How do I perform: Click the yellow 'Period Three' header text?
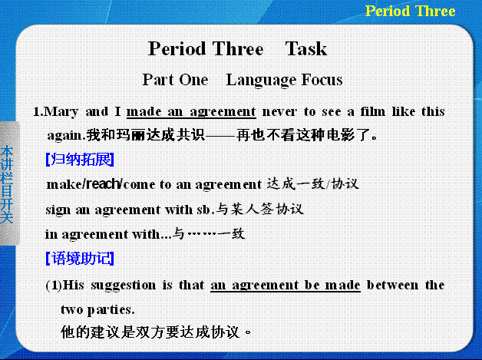pos(410,11)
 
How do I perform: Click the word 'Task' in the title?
pos(306,49)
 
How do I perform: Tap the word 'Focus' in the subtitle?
pos(322,80)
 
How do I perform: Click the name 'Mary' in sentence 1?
pos(61,112)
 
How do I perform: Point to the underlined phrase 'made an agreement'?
pos(191,112)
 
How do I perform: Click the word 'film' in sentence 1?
pos(372,111)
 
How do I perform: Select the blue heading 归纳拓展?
pos(80,159)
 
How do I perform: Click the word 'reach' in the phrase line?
pos(103,184)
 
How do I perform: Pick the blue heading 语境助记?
pos(80,258)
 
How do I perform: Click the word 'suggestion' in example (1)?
pos(124,286)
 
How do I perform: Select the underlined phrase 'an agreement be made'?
pos(286,286)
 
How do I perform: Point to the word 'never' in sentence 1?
pos(279,112)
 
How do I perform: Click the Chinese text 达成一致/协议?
pos(312,184)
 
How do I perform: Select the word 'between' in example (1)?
pos(392,286)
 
